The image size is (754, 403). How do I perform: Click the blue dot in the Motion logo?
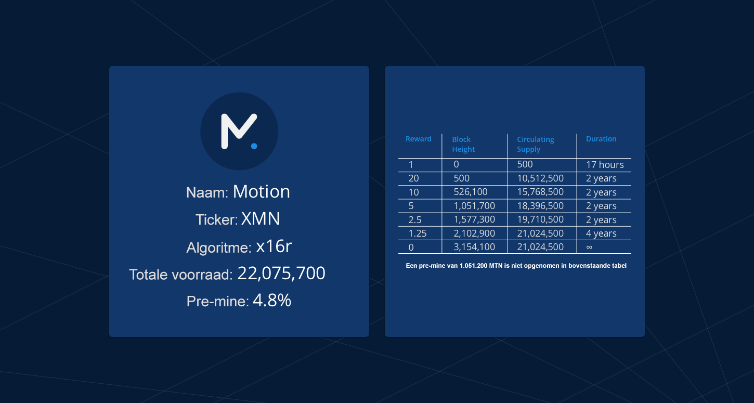pyautogui.click(x=254, y=146)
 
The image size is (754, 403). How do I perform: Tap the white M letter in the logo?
pyautogui.click(x=239, y=131)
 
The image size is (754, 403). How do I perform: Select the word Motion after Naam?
pyautogui.click(x=261, y=192)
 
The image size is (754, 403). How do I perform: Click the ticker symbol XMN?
pyautogui.click(x=261, y=219)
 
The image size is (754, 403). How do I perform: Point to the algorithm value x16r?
pyautogui.click(x=274, y=246)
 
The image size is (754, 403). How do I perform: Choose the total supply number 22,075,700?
pyautogui.click(x=281, y=274)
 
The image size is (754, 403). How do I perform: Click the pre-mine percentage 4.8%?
pyautogui.click(x=272, y=301)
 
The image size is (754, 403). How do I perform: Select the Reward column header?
pyautogui.click(x=419, y=139)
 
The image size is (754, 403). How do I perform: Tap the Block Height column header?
pyautogui.click(x=463, y=144)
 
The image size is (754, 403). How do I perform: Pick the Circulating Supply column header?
pyautogui.click(x=536, y=144)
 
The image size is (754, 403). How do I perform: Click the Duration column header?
pyautogui.click(x=601, y=139)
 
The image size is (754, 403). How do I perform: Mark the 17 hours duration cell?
pyautogui.click(x=605, y=165)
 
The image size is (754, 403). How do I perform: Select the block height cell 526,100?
pyautogui.click(x=471, y=192)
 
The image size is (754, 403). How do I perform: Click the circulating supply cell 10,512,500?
pyautogui.click(x=540, y=178)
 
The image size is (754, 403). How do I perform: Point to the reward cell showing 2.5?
pyautogui.click(x=415, y=220)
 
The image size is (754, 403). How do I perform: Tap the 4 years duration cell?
pyautogui.click(x=601, y=233)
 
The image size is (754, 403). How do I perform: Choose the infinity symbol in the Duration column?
pyautogui.click(x=589, y=247)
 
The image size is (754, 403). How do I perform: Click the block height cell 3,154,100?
pyautogui.click(x=474, y=247)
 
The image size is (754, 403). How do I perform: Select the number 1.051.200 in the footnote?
pyautogui.click(x=473, y=266)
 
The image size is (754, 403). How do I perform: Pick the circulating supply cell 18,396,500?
pyautogui.click(x=540, y=206)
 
